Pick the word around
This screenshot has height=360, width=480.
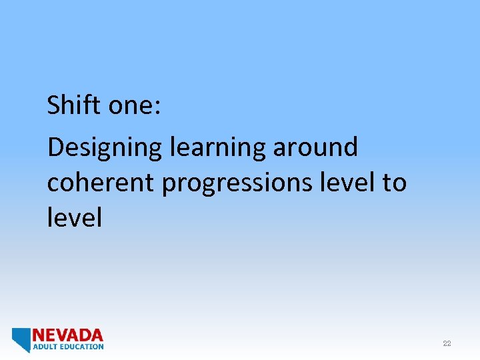click(315, 147)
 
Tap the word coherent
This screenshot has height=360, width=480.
click(101, 181)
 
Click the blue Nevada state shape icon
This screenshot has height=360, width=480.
click(21, 339)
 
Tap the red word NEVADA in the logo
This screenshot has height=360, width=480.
click(68, 335)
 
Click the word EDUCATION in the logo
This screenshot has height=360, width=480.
click(81, 347)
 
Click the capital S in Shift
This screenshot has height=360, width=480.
click(53, 105)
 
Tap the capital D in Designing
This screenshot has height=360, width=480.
click(55, 147)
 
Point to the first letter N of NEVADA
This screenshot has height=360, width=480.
click(39, 335)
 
